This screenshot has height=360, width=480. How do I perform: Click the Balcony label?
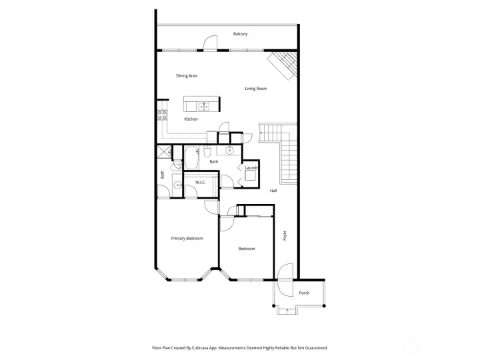coord(241,34)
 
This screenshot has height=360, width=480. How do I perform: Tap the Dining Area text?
coord(187,75)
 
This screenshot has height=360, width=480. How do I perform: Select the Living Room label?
coord(256,88)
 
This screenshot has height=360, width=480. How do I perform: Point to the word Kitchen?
coord(191,119)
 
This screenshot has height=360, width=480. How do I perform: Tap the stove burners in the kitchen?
coord(161,113)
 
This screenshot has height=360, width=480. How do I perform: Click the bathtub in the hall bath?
coord(191,158)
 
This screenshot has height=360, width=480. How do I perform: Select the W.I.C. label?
coord(199,183)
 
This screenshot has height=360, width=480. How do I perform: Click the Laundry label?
coord(251,168)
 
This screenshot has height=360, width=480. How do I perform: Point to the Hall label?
coord(273,191)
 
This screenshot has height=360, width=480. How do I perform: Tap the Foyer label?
coord(285,235)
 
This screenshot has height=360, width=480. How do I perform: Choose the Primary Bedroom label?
coord(187,238)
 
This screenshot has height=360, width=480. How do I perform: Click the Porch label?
coord(304,293)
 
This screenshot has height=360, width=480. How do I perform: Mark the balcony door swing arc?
coord(210,43)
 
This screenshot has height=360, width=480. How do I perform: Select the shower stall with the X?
coord(162,153)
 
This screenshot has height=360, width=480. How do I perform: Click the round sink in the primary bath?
coord(177,186)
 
